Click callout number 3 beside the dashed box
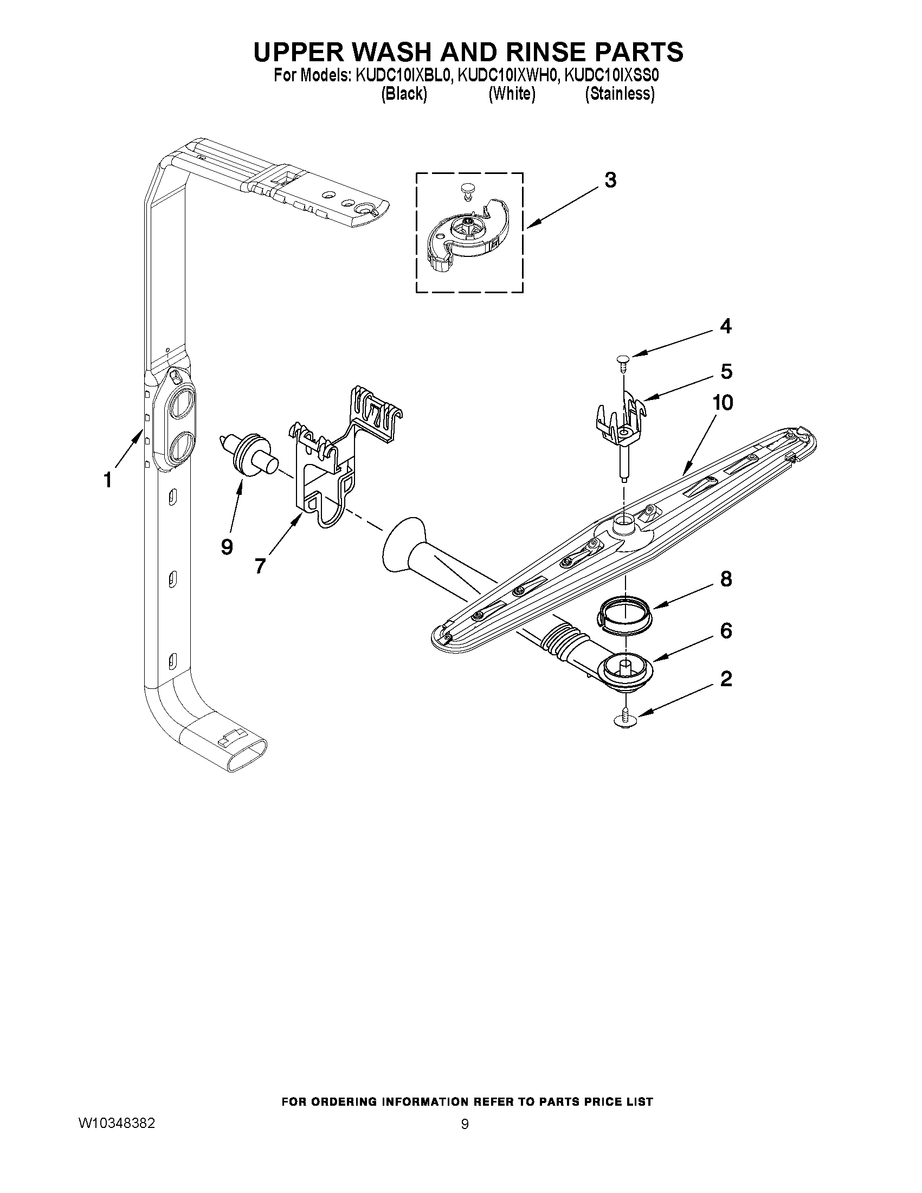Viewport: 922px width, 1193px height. [x=610, y=180]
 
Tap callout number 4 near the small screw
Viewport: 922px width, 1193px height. [x=725, y=327]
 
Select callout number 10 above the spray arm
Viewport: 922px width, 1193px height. [x=722, y=403]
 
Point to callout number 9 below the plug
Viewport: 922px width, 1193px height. [x=227, y=546]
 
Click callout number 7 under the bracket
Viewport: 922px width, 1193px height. [x=260, y=566]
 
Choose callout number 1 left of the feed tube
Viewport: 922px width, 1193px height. [x=108, y=480]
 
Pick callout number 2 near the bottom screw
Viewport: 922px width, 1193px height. [x=726, y=679]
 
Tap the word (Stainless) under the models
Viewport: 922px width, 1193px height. [x=620, y=94]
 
